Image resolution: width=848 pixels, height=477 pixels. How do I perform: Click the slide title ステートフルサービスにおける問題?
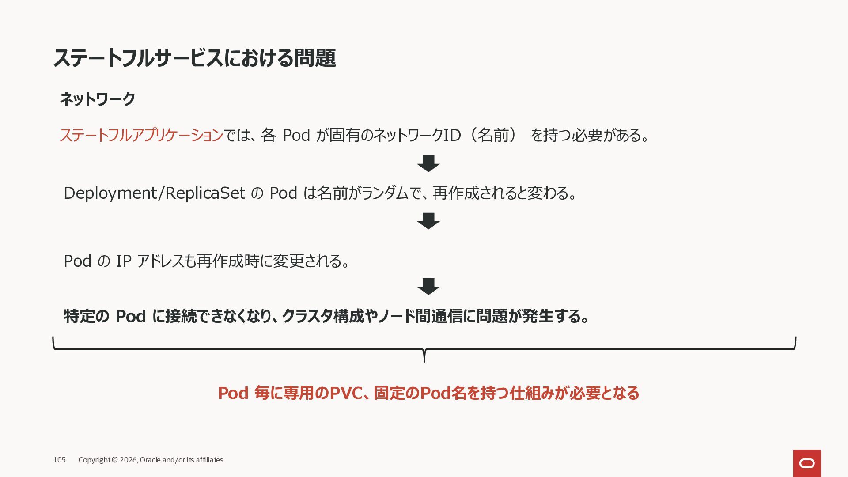(x=194, y=58)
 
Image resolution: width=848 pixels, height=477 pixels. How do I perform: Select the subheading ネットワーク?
(x=97, y=99)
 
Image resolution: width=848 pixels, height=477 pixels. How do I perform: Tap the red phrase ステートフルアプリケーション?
(x=141, y=135)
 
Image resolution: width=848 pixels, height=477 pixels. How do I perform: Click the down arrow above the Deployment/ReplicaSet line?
(x=428, y=163)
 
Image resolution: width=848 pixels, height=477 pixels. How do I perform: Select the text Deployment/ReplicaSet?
(x=154, y=193)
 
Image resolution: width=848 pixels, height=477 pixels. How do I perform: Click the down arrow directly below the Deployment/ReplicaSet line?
(x=428, y=221)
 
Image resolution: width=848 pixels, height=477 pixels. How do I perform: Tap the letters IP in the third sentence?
(x=124, y=261)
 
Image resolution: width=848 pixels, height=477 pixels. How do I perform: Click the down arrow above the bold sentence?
(x=428, y=286)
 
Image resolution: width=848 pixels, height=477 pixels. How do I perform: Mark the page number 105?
(x=59, y=460)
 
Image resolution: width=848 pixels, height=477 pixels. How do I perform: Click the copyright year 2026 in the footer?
(x=129, y=460)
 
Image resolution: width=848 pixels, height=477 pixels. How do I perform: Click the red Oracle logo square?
(x=807, y=463)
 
